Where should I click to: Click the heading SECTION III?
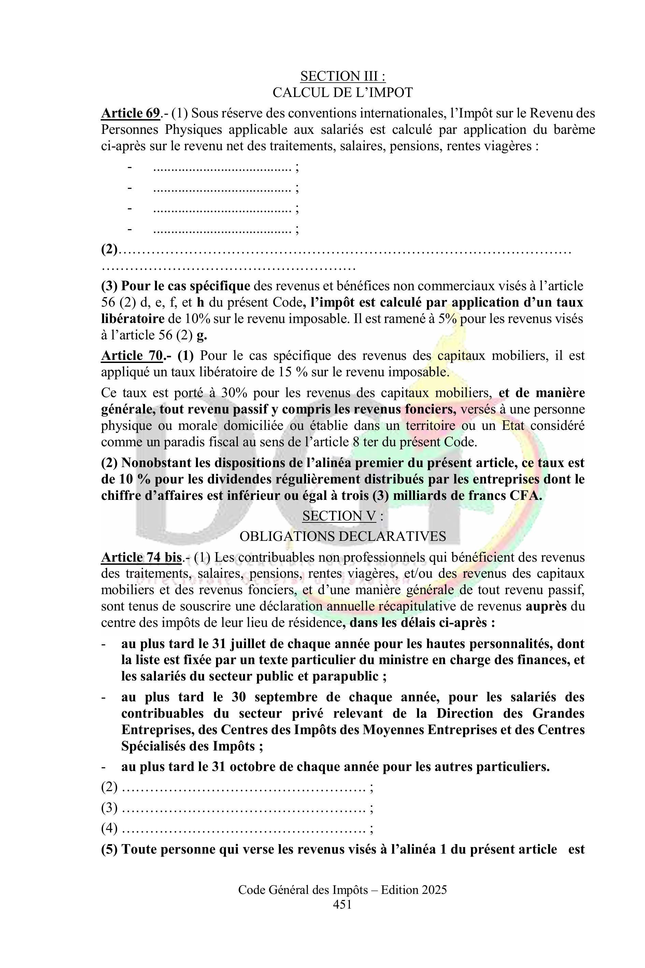342,76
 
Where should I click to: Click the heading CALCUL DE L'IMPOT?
342,93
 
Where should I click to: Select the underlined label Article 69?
130,113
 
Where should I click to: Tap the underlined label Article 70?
132,355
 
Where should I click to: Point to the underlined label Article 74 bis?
141,557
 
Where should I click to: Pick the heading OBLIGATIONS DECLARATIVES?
342,536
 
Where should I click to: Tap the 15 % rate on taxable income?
280,372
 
